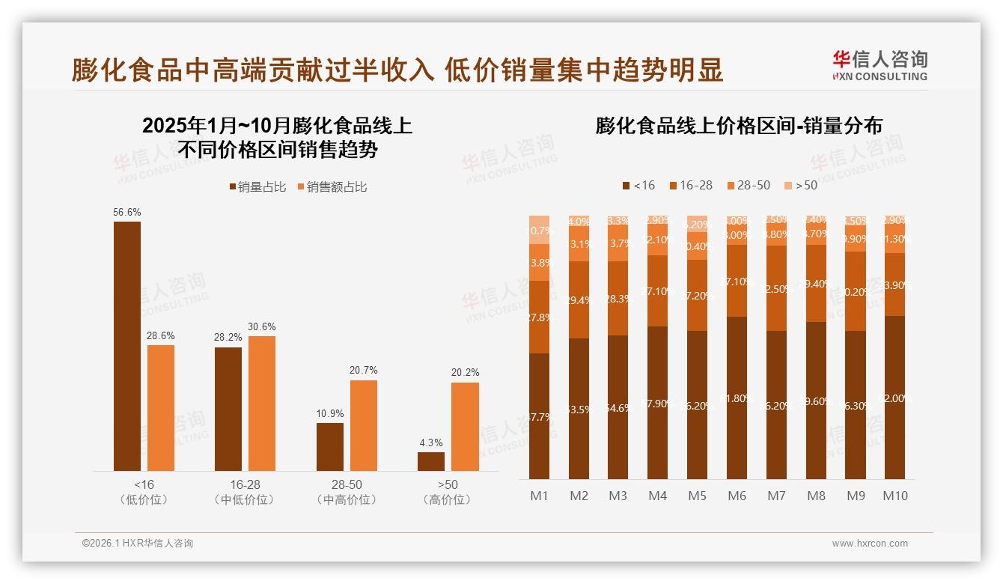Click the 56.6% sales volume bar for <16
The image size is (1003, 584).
[x=127, y=346]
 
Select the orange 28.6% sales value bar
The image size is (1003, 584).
[x=161, y=407]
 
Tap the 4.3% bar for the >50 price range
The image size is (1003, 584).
[x=431, y=461]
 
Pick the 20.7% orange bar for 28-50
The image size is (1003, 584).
[x=364, y=425]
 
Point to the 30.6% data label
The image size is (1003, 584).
[x=262, y=326]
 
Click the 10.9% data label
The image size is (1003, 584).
[x=329, y=413]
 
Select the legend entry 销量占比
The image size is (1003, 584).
[x=257, y=187]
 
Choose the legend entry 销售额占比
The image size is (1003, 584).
[x=332, y=187]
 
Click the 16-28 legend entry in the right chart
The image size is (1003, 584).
[x=690, y=185]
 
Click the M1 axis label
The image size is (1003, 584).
[x=539, y=496]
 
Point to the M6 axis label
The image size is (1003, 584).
[x=737, y=496]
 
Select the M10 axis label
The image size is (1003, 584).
[x=894, y=496]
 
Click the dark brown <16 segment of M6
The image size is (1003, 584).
[x=737, y=398]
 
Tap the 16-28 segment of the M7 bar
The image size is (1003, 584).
[x=776, y=288]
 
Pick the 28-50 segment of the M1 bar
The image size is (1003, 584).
[x=539, y=262]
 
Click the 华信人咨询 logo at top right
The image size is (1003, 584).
[x=879, y=65]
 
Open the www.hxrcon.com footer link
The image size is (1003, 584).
[x=870, y=544]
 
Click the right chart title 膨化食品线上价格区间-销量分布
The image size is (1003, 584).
[x=739, y=125]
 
